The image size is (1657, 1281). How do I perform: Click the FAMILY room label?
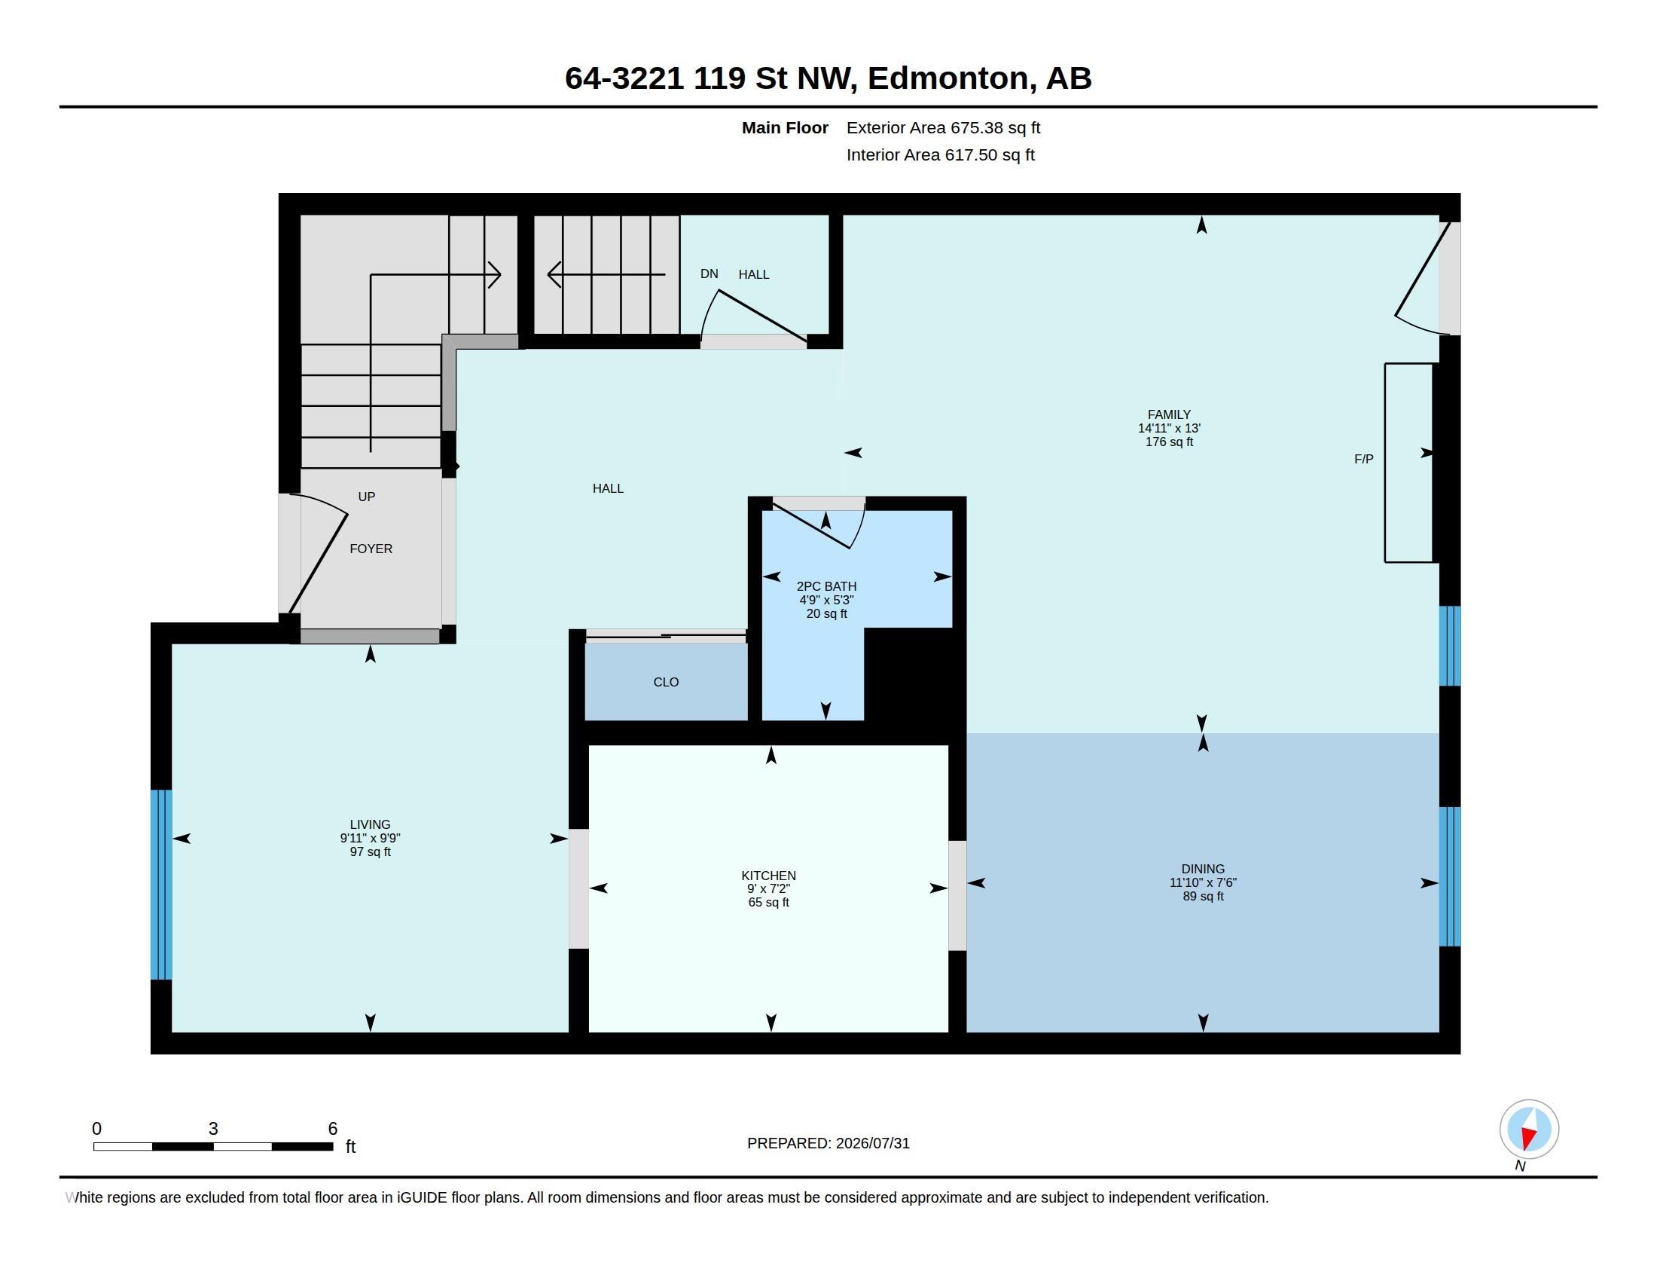pos(1168,414)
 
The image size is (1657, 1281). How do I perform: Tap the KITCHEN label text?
pos(768,875)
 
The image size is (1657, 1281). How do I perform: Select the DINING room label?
pos(1203,869)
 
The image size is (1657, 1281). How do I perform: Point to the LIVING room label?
pos(371,824)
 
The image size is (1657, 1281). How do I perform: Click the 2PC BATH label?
pos(826,585)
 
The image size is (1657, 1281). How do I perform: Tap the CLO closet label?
pos(666,682)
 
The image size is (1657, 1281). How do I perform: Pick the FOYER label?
pos(371,549)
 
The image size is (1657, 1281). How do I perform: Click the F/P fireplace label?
pos(1363,459)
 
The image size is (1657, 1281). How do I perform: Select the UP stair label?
pos(367,497)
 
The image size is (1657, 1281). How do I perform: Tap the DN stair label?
pos(709,274)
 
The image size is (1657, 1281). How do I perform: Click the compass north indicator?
pos(1529,1130)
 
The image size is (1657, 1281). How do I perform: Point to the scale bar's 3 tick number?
pos(213,1129)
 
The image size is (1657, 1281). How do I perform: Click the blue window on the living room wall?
pos(161,885)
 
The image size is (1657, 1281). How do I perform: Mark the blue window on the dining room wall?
pos(1450,876)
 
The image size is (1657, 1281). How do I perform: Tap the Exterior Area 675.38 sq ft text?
pos(943,127)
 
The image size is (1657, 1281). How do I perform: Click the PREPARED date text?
pos(828,1143)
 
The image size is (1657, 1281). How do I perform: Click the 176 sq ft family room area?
pos(1168,442)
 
